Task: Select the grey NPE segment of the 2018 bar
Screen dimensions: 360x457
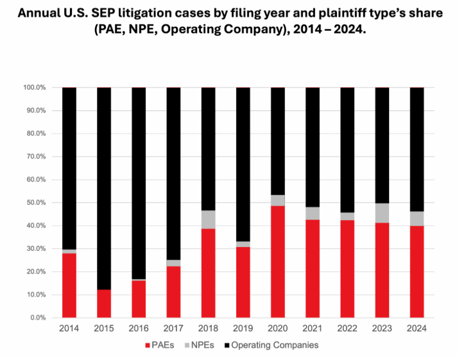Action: pos(208,219)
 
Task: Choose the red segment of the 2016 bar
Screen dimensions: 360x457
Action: pos(139,299)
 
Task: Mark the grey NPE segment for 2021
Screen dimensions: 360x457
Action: pos(313,213)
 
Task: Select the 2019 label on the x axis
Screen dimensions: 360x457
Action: pos(243,329)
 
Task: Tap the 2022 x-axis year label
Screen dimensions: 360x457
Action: pos(347,329)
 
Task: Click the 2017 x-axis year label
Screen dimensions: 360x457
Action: pos(173,329)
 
